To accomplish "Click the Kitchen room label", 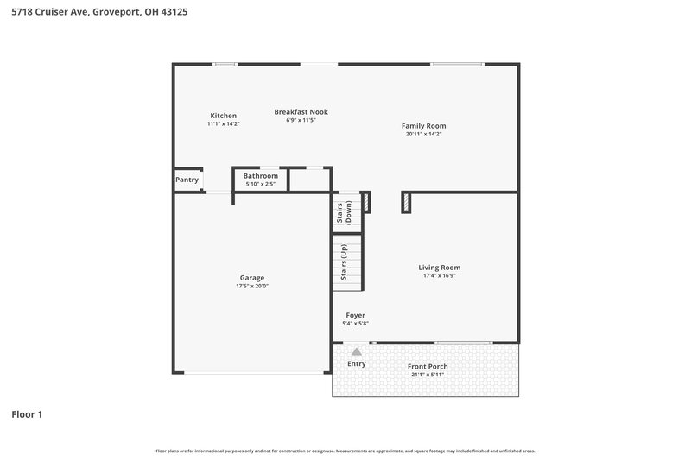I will point(223,116).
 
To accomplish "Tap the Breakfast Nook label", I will point(301,111).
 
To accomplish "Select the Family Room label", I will point(423,126).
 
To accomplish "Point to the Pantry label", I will point(187,180).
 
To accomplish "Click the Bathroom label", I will point(260,175).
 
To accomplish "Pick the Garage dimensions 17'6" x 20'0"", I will point(252,286).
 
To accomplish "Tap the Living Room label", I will point(439,268).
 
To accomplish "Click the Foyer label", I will point(355,316).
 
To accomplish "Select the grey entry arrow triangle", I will point(356,351).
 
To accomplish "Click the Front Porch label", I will point(428,366).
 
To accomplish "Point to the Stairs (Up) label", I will point(344,262).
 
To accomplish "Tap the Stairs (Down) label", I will point(344,211).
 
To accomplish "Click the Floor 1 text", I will point(27,414).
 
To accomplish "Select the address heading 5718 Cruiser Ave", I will point(94,13).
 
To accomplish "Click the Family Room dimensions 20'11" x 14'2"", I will point(423,134).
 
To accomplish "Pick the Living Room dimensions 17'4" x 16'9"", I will point(439,275).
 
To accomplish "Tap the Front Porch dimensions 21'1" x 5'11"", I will point(428,374).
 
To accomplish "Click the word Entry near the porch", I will point(356,363).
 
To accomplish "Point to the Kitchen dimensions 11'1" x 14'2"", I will point(223,123).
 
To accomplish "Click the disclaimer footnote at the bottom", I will point(345,451).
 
